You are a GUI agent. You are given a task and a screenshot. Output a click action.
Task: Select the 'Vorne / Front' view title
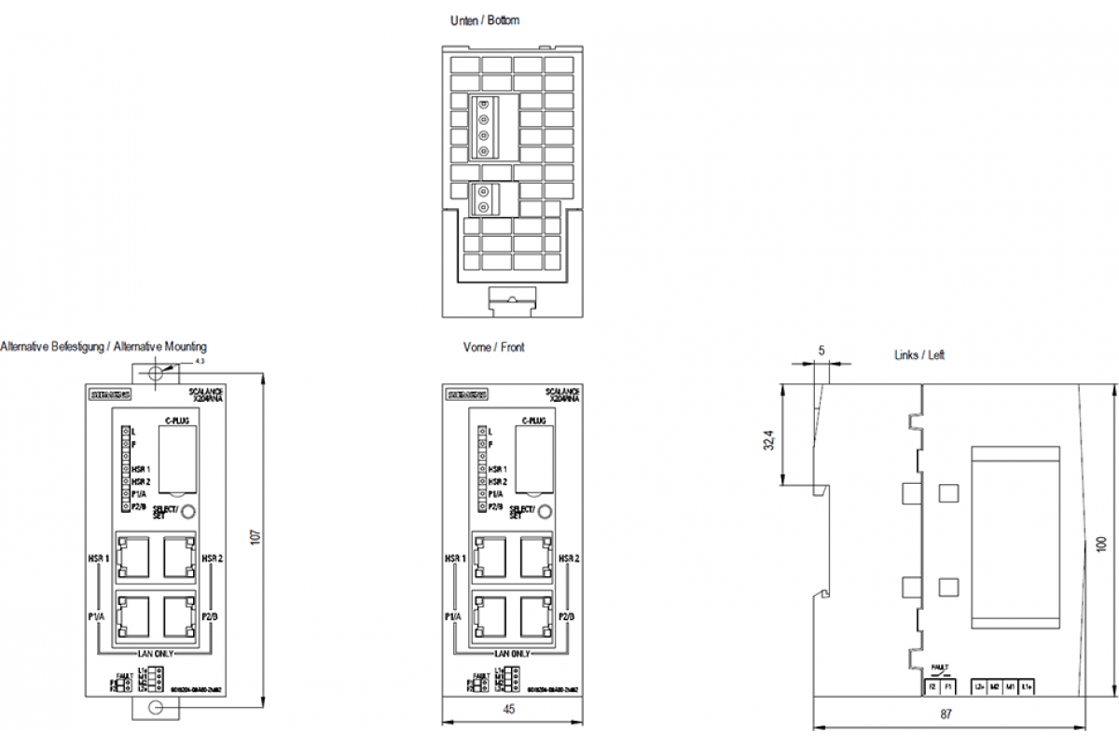coord(493,347)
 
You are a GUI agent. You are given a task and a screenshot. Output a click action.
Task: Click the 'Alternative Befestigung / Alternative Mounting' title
coord(104,347)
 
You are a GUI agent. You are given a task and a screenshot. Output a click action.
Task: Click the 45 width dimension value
coord(509,710)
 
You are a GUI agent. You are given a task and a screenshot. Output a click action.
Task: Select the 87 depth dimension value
coord(946,714)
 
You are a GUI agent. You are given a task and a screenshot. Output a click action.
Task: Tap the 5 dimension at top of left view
coord(821,351)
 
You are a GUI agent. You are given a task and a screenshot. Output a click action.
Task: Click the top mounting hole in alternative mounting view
coord(156,373)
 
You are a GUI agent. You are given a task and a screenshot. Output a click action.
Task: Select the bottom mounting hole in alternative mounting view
coord(156,709)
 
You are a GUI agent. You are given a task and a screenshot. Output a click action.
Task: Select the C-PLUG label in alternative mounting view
coord(176,421)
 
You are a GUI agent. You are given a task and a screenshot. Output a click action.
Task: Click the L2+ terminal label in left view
coord(979,687)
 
